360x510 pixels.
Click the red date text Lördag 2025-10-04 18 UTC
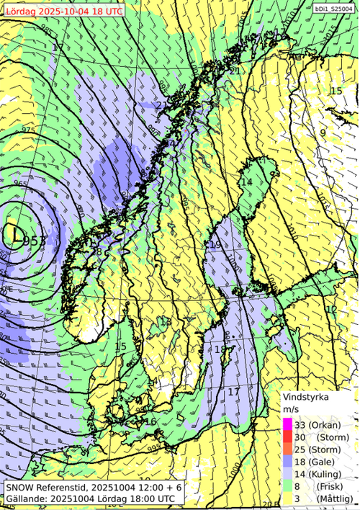[x=63, y=12]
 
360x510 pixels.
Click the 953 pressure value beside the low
[x=36, y=241]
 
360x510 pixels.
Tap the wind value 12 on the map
[x=331, y=309]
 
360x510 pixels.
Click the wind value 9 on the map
[x=323, y=133]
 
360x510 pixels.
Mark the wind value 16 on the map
[x=150, y=422]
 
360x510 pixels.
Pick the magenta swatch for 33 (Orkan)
[x=287, y=424]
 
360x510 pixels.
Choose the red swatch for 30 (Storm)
[x=287, y=437]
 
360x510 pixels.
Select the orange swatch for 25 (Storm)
[x=287, y=449]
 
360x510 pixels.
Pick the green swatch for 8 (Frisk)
[x=287, y=486]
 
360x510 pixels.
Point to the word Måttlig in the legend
[x=332, y=498]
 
